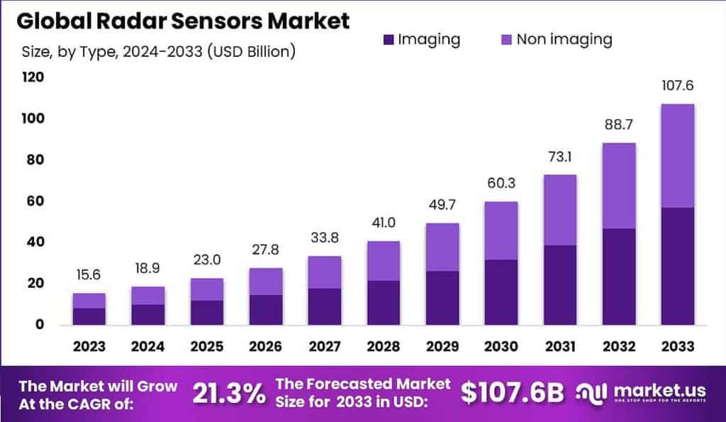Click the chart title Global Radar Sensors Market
pyautogui.click(x=183, y=21)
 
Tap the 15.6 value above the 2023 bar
pyautogui.click(x=89, y=275)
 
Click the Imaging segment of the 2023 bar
pyautogui.click(x=89, y=316)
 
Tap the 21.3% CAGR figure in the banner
pyautogui.click(x=228, y=392)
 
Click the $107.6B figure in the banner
pyautogui.click(x=513, y=392)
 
